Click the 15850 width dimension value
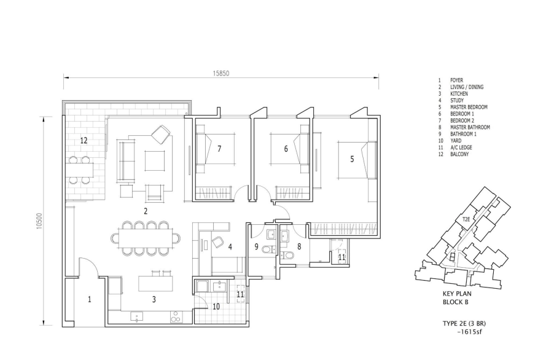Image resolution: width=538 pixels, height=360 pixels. tap(220, 73)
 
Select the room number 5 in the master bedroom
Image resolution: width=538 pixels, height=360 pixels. tap(352, 159)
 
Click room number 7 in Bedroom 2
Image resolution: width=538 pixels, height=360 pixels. tap(219, 149)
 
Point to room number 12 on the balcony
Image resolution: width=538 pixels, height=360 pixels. tap(84, 140)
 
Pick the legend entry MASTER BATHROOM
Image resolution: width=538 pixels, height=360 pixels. tap(470, 127)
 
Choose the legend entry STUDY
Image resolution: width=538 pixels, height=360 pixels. tap(457, 101)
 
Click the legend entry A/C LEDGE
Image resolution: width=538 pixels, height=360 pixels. tap(461, 147)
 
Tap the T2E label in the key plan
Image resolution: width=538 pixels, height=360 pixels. tap(466, 219)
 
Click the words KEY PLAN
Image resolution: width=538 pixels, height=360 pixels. tap(457, 294)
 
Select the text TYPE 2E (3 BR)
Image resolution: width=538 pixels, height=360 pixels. tap(464, 323)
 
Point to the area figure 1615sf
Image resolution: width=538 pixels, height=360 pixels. tap(472, 332)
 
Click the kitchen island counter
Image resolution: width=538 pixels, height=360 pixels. tap(155, 283)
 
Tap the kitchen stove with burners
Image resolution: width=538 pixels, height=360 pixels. tap(176, 317)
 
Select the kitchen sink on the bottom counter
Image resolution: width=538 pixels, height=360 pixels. tap(137, 316)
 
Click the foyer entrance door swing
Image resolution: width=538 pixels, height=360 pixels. tap(88, 267)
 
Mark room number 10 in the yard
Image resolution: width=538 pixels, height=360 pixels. tap(216, 306)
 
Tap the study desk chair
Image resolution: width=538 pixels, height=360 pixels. tap(218, 241)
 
